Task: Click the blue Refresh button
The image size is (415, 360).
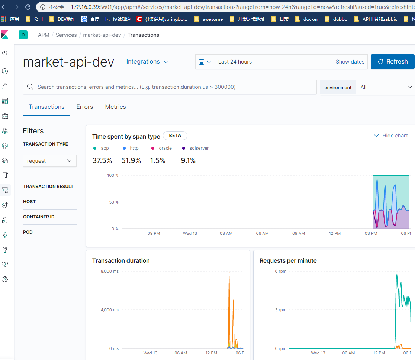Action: (393, 62)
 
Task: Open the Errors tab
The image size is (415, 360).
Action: (85, 107)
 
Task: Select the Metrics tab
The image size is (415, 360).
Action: (115, 107)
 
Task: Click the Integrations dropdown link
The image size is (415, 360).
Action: (147, 62)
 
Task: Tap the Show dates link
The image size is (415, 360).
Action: (350, 62)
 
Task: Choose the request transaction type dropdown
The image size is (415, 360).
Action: (49, 161)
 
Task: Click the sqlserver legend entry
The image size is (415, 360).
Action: (199, 148)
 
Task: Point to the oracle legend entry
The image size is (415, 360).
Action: (165, 148)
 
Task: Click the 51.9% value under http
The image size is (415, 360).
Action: (131, 160)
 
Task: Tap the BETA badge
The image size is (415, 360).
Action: (175, 136)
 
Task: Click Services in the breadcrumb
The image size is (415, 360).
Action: (66, 35)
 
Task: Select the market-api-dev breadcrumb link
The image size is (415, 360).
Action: (102, 35)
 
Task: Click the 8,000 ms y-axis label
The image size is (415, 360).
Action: (110, 271)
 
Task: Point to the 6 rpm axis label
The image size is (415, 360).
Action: (280, 271)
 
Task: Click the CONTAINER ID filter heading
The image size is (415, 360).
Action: (39, 217)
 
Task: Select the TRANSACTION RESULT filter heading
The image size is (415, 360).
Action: (48, 187)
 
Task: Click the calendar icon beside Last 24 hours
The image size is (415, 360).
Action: (205, 62)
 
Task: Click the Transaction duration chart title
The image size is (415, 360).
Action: (121, 261)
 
